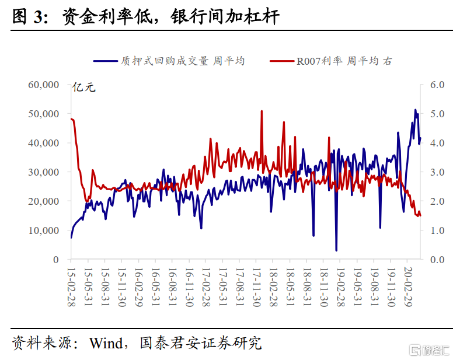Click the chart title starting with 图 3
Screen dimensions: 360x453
[146, 18]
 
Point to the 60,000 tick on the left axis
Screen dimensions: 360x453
[44, 85]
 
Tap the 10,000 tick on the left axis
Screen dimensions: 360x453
[44, 230]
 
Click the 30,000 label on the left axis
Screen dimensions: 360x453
[44, 172]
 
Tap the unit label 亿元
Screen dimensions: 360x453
[83, 89]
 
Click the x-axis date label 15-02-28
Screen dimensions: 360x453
[71, 285]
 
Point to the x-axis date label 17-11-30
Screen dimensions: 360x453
[257, 285]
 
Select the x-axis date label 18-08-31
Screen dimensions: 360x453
[308, 285]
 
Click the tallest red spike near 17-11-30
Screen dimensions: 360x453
[262, 111]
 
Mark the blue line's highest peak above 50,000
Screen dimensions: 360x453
[415, 110]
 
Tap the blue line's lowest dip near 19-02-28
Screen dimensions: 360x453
[336, 250]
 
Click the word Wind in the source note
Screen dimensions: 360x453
[106, 342]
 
